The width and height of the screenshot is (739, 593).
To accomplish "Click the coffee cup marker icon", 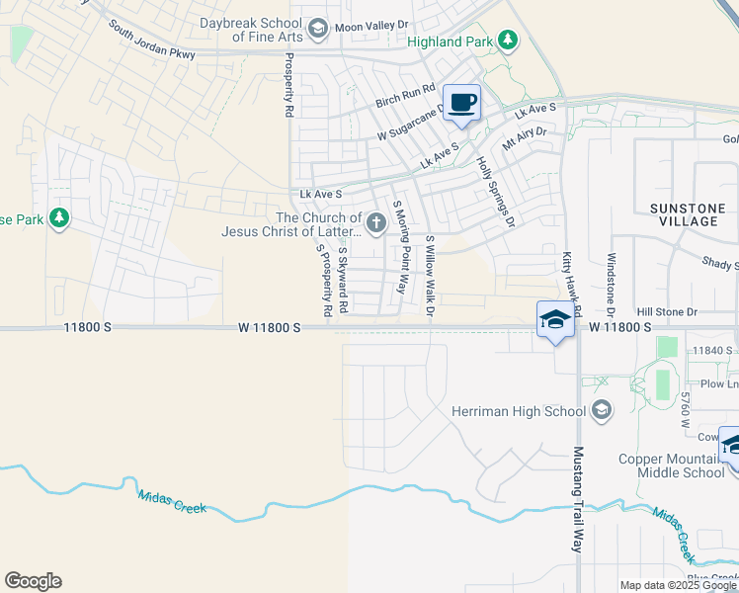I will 461,102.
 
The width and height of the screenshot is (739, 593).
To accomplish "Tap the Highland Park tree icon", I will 508,41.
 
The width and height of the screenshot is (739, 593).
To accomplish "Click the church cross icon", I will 376,224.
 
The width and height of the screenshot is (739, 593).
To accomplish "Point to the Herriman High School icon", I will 602,410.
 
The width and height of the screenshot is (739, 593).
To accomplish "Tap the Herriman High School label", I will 518,410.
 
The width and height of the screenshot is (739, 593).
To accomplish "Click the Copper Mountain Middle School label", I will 672,466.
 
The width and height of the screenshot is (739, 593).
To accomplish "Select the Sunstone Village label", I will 684,214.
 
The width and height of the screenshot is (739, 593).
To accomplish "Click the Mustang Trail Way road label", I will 579,498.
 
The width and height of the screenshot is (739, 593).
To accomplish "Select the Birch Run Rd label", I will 406,97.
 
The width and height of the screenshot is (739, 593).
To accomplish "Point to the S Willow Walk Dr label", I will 430,277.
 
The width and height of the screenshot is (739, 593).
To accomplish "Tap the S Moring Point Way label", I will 400,247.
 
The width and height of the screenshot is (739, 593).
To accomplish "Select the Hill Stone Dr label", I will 667,311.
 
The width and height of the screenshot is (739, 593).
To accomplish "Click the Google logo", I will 33,581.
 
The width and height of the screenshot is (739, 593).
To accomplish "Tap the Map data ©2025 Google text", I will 677,585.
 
